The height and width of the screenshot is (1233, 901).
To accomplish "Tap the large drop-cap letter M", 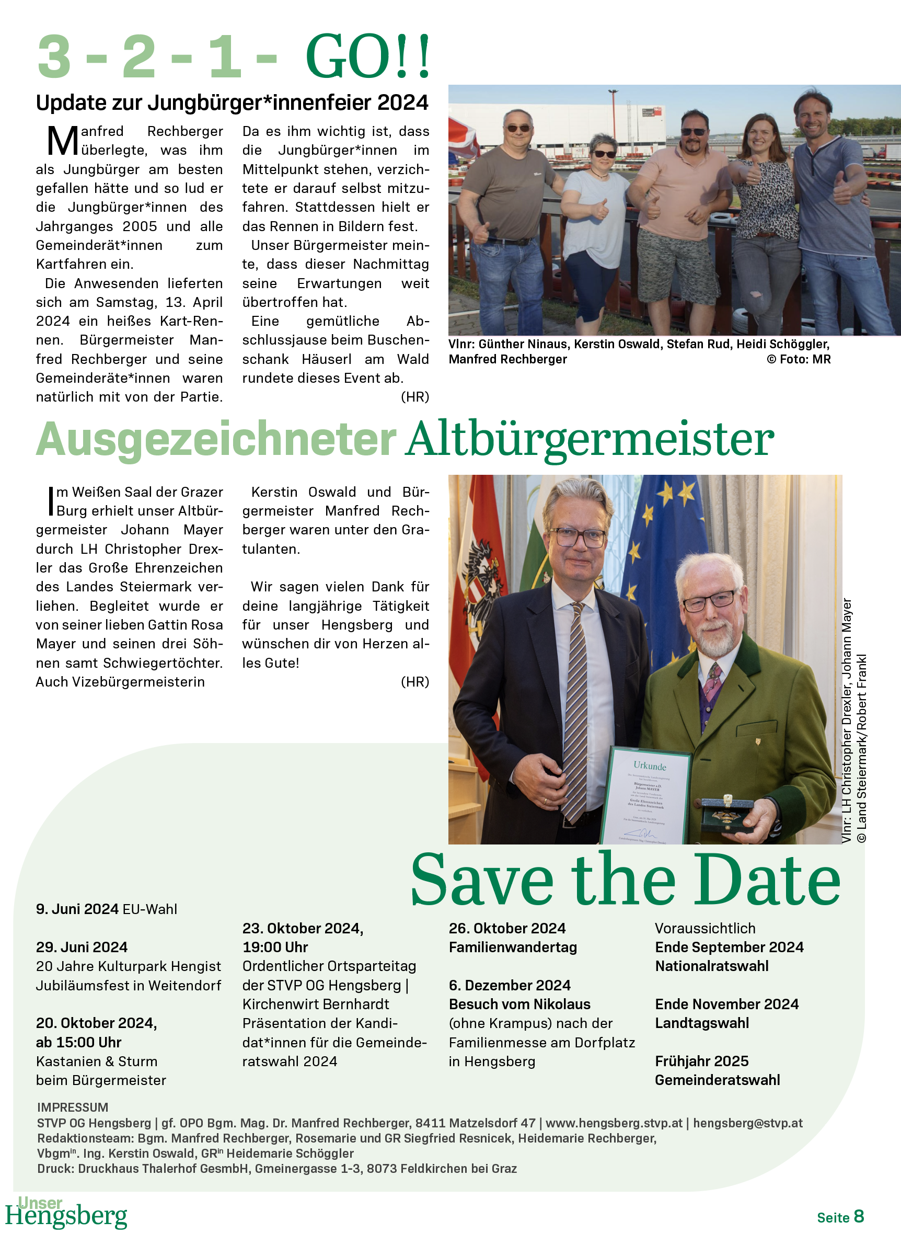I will pos(63,141).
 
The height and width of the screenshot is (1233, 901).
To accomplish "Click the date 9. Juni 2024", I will pos(77,909).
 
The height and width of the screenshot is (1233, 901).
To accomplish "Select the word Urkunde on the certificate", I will pos(650,766).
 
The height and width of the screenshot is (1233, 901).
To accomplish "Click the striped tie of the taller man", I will pos(576,709).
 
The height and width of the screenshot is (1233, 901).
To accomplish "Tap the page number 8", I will pos(859,1216).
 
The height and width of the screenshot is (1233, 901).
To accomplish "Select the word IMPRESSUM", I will pos(73,1108).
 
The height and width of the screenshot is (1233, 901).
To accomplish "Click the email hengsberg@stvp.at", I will pos(748,1123).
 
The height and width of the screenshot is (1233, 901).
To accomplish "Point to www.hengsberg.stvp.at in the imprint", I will pos(614,1123).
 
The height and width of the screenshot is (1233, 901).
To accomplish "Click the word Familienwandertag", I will pos(513,947).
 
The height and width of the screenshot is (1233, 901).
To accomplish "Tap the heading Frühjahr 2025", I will pos(701,1061).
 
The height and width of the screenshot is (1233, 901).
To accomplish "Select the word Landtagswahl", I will pos(701,1023).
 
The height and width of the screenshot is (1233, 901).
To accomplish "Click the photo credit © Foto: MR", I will pos(799,359).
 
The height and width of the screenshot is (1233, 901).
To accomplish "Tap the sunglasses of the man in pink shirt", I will pos(694,131).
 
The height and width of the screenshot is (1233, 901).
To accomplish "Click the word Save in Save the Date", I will pos(482,881).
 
